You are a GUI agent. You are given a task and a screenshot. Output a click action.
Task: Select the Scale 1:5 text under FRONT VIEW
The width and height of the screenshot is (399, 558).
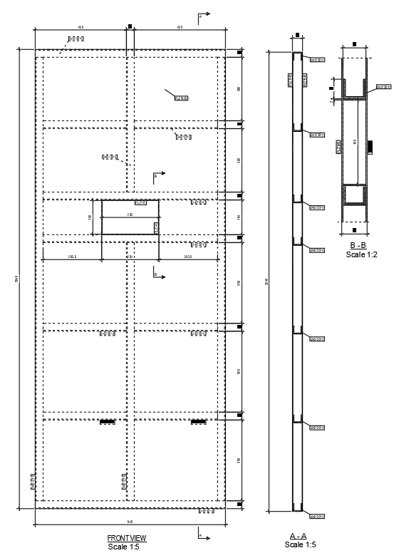(x=125, y=547)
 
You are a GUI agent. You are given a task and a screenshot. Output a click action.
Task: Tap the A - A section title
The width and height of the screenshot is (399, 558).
(x=298, y=536)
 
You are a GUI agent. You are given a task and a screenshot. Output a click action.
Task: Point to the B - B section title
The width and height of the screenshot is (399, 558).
(x=357, y=245)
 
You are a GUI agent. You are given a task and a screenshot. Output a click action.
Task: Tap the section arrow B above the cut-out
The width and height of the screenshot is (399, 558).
(x=159, y=175)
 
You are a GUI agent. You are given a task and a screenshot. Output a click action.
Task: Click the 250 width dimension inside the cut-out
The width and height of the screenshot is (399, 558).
(x=130, y=214)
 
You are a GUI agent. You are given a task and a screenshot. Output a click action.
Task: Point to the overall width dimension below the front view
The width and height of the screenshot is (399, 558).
(x=130, y=522)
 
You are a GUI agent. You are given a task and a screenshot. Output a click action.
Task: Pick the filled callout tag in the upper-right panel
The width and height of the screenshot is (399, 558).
(x=181, y=98)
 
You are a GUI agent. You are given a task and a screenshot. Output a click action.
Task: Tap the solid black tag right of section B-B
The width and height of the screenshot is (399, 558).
(x=370, y=146)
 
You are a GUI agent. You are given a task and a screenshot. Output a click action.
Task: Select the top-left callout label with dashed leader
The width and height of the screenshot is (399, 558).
(x=76, y=38)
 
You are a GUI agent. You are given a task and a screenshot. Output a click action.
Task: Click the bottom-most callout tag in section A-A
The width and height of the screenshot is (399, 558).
(x=317, y=516)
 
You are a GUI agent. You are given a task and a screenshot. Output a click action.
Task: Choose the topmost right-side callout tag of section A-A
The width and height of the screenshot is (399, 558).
(x=317, y=59)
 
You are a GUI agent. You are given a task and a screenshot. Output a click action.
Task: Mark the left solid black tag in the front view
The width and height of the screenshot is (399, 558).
(x=107, y=422)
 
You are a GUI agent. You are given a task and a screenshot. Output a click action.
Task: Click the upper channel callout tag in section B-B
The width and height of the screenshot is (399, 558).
(x=382, y=87)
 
